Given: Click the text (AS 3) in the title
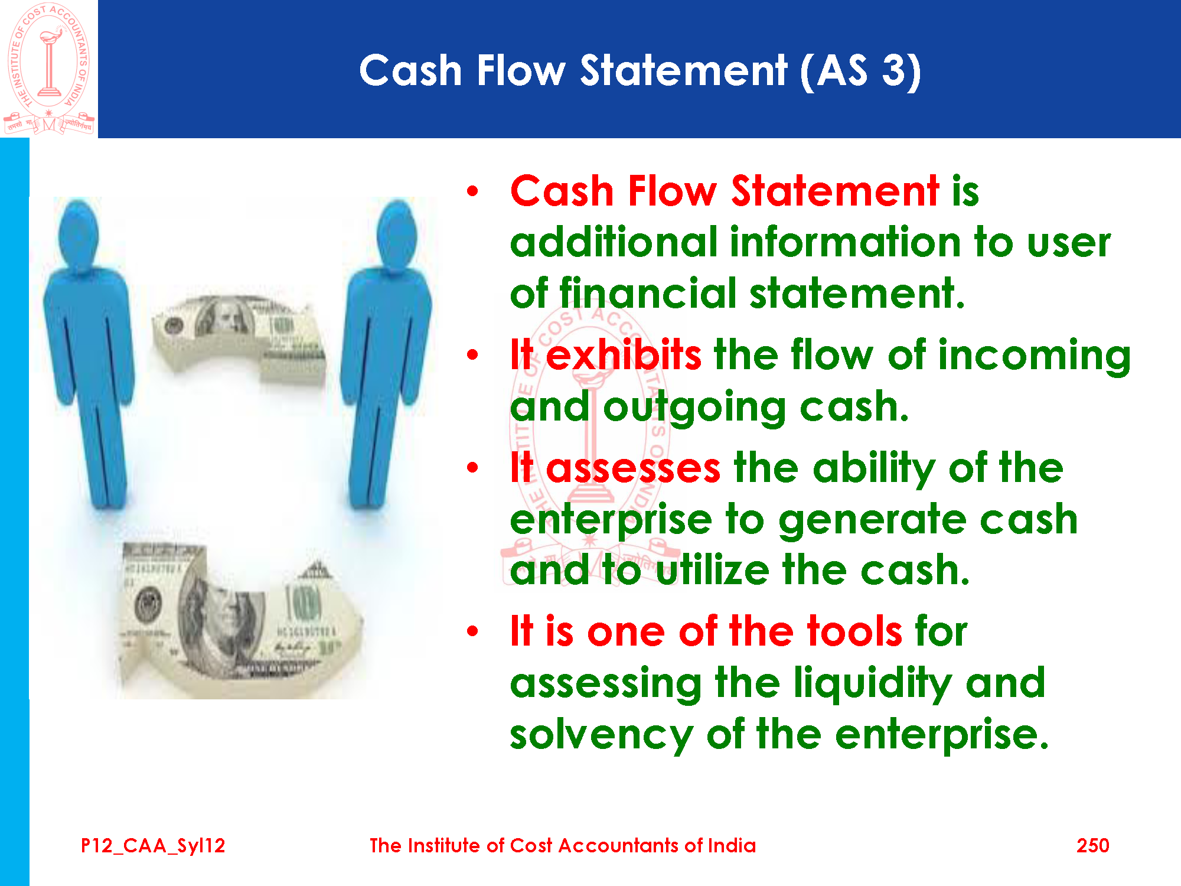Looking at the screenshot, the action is (860, 71).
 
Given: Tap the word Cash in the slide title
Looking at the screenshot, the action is (410, 71).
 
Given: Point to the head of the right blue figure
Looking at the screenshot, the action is (397, 233).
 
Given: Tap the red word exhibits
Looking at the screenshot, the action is (624, 355).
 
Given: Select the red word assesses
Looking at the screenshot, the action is (633, 468).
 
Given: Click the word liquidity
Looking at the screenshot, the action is (872, 684).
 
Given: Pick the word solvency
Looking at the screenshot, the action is (602, 736).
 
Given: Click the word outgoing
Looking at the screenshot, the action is (695, 408).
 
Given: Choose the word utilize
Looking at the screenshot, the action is (713, 570).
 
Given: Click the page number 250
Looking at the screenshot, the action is (1092, 846).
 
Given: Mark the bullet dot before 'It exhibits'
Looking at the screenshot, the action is (472, 355).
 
